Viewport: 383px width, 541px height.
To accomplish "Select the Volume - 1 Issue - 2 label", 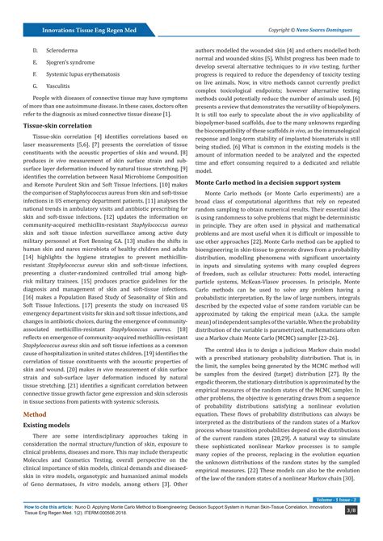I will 338,501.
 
